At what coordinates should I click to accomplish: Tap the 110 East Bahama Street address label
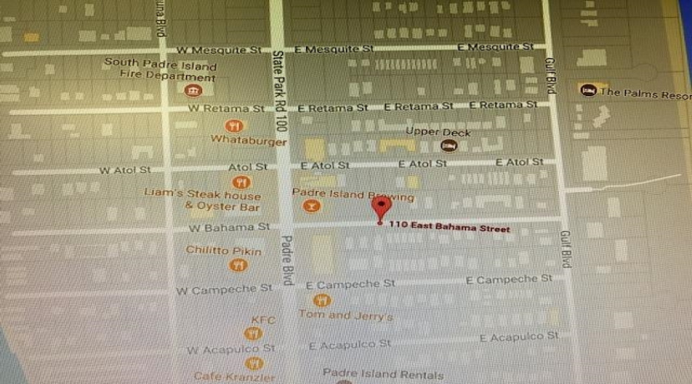449,228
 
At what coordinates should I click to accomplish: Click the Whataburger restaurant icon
235,126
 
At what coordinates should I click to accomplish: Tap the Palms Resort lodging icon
589,91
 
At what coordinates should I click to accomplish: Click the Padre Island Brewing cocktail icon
311,207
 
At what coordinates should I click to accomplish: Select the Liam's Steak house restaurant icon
243,182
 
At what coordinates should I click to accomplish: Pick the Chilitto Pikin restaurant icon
238,265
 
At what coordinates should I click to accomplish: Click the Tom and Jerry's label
345,316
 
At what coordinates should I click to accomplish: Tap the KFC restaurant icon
252,333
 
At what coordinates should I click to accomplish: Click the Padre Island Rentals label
382,374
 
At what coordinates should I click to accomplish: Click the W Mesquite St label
219,50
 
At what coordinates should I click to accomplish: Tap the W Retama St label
219,109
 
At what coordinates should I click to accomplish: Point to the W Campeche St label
224,290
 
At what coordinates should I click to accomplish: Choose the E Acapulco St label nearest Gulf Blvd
519,337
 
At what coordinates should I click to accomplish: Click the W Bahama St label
231,227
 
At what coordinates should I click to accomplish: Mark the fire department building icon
193,91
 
